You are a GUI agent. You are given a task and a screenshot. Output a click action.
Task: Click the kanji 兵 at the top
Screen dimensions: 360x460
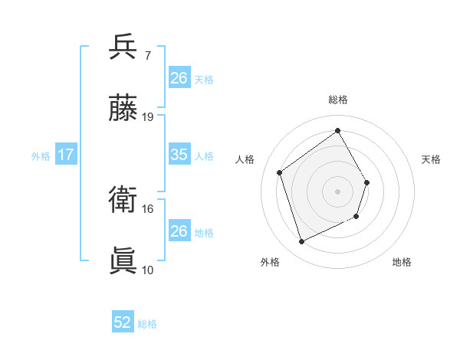tap(123, 47)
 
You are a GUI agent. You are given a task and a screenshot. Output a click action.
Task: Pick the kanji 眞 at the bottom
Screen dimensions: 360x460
tap(123, 260)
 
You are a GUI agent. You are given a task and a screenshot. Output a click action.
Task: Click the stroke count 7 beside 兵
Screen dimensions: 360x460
tap(149, 56)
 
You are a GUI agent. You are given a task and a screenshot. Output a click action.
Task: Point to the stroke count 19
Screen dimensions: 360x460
tap(149, 117)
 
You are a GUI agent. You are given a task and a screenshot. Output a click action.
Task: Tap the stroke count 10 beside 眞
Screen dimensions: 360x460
tap(148, 270)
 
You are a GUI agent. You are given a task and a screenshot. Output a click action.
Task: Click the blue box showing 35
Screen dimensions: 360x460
tap(179, 155)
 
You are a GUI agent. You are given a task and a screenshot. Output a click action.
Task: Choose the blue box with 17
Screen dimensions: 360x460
tap(66, 155)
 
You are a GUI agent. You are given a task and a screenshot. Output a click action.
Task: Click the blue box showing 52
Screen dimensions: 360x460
tap(123, 322)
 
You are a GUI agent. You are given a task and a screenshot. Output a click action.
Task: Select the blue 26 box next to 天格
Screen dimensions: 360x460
tap(179, 77)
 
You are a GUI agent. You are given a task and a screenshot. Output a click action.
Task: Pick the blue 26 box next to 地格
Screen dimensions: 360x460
tap(179, 231)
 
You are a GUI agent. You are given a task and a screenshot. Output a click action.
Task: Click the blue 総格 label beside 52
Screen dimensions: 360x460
tap(148, 324)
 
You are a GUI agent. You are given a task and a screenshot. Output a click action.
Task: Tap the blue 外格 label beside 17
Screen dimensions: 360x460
tap(41, 156)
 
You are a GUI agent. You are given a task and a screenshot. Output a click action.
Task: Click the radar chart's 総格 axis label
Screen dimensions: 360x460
tap(338, 100)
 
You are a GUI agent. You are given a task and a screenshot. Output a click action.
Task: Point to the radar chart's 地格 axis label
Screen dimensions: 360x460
tap(402, 263)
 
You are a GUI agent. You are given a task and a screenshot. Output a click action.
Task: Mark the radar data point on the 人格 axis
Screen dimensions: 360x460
tap(280, 172)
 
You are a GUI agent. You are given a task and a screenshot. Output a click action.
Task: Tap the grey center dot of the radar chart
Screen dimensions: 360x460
tap(338, 191)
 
